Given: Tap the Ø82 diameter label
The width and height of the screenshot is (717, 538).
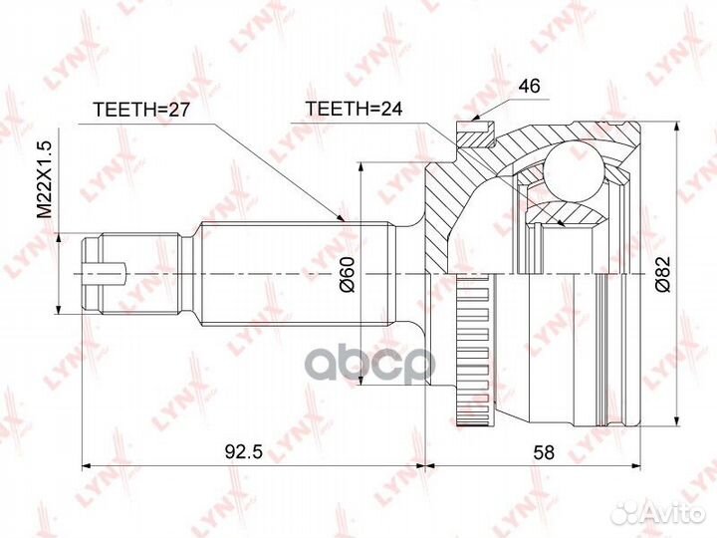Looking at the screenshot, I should pyautogui.click(x=663, y=271).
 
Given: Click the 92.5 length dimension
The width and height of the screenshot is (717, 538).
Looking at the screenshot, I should pyautogui.click(x=243, y=451).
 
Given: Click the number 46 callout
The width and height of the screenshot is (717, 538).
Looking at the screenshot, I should pyautogui.click(x=529, y=88).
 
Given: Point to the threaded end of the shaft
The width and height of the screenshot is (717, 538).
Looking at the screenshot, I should pyautogui.click(x=139, y=271).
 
